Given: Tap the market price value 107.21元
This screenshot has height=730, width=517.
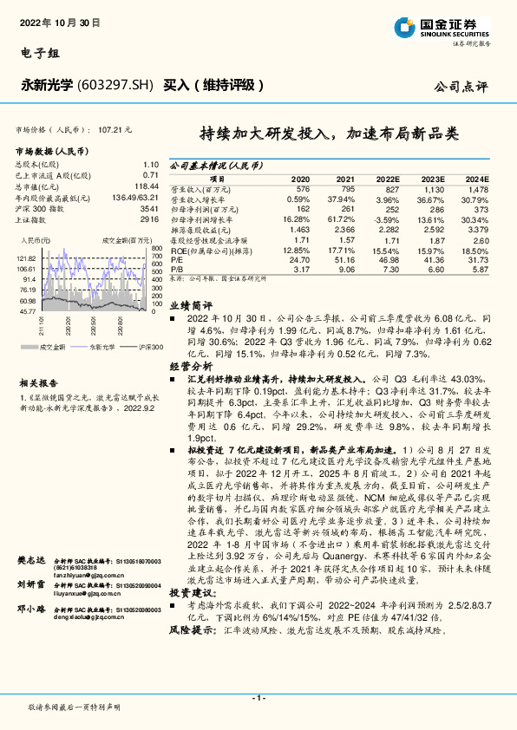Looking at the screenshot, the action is coord(115,128).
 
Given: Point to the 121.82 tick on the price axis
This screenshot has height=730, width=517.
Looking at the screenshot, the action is coord(25,258).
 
